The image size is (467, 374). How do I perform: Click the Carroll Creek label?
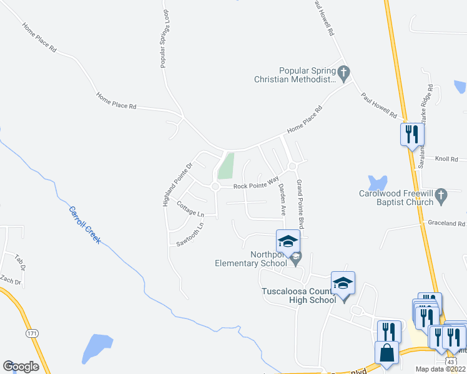coord(84,225)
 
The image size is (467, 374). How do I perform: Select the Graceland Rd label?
coord(446,223)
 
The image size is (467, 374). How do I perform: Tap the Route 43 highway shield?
coord(450,362)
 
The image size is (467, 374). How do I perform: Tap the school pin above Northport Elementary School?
coord(288,241)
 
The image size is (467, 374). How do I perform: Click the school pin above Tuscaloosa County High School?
coord(343,283)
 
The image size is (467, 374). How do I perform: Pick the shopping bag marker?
coord(387,352)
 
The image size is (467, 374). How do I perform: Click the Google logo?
coord(21,367)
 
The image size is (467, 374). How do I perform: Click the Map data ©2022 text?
coord(440,369)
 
